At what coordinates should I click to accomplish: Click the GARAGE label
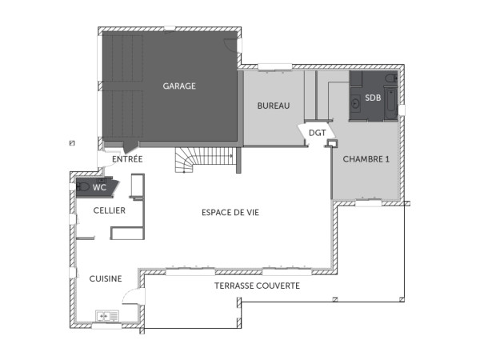[179, 86]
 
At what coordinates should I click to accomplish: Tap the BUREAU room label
[272, 106]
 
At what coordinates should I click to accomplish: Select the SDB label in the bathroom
[372, 98]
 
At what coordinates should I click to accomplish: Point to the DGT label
[317, 133]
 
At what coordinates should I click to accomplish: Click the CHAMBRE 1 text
[366, 159]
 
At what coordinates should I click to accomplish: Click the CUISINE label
[105, 278]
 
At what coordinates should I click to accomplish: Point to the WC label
[99, 187]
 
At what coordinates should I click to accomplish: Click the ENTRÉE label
[127, 159]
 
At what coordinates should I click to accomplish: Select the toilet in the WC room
[83, 187]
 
